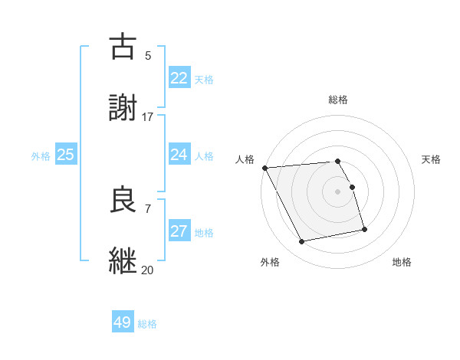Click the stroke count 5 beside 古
coord(148,56)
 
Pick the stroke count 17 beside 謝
coord(148,117)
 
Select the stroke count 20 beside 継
coord(148,270)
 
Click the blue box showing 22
coord(179,77)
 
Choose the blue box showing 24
coord(179,155)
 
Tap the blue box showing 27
coord(179,231)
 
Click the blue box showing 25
coord(65,155)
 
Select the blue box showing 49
coord(123,322)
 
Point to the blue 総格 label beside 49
coord(147,324)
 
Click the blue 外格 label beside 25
coord(41,156)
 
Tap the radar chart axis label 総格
coord(338,100)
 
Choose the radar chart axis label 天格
coord(432,159)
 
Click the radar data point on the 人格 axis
coord(264,168)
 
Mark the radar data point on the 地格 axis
coord(364,229)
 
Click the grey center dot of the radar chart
coord(338,191)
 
